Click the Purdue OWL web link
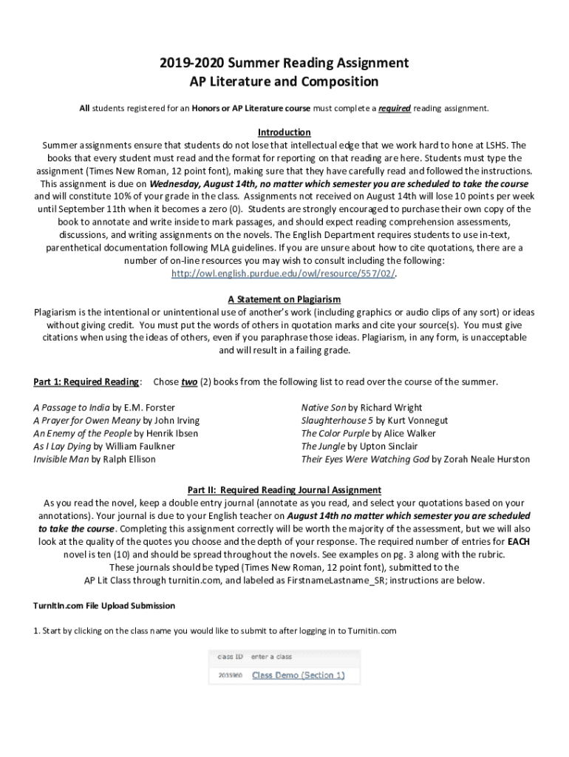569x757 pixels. tap(284, 274)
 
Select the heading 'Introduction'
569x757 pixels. tap(284, 132)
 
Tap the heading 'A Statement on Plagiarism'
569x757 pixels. tap(284, 299)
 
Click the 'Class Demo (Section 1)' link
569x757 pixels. tap(299, 675)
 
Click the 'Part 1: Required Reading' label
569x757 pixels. tap(86, 382)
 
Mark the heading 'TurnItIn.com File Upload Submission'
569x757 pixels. tap(103, 606)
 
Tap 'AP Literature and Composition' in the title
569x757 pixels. tap(284, 81)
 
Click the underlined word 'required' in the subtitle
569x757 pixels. tap(395, 109)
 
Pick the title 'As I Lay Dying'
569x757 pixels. tap(62, 447)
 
